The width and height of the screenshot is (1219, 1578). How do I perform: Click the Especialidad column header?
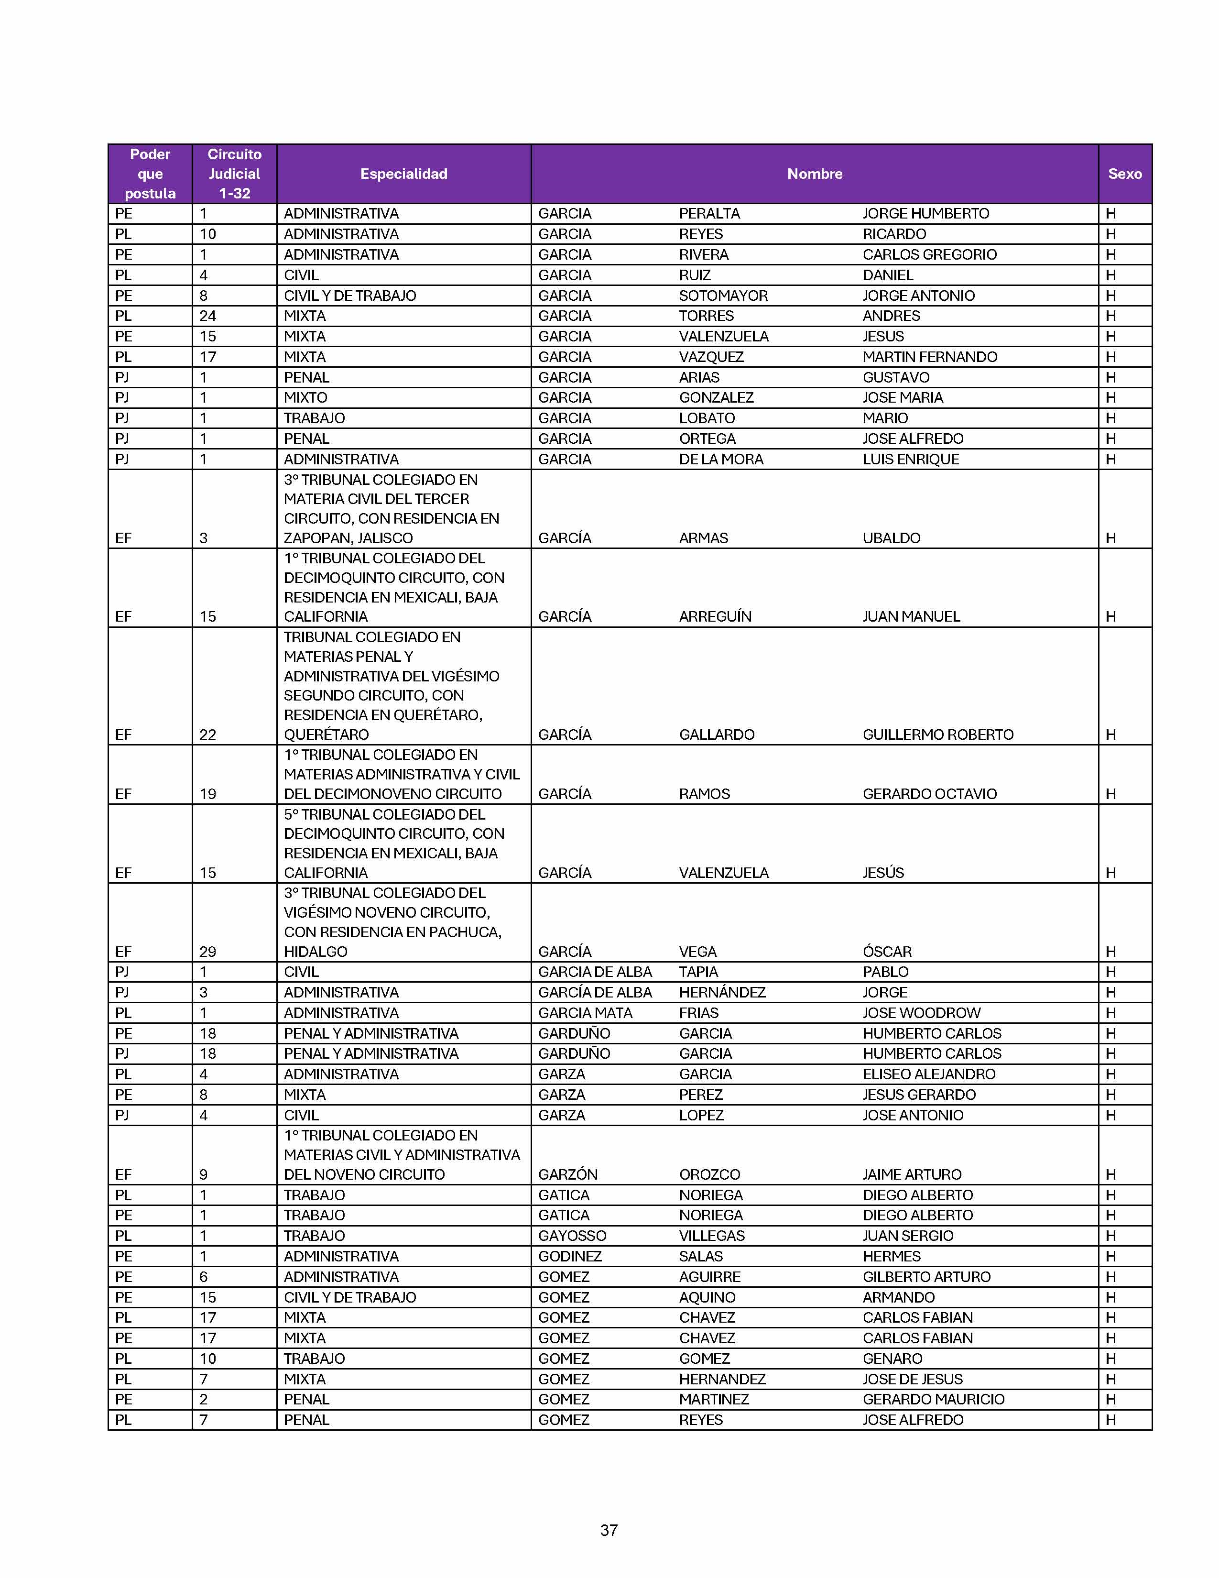click(x=403, y=174)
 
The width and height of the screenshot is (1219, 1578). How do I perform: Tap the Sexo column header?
click(x=1124, y=174)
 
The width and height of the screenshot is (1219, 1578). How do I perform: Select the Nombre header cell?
click(x=814, y=174)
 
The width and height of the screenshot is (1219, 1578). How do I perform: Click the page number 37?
click(x=609, y=1530)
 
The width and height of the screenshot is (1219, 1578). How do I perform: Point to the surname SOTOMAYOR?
click(x=723, y=296)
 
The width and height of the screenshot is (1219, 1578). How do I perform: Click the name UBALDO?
click(x=891, y=537)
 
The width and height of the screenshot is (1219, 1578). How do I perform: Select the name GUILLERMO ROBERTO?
click(x=937, y=734)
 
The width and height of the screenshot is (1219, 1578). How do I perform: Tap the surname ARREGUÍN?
click(x=715, y=616)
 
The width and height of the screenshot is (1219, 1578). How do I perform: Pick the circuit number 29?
click(x=207, y=952)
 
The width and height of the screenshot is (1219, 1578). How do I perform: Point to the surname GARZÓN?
click(x=567, y=1174)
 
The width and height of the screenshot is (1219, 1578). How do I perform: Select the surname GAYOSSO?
click(x=572, y=1236)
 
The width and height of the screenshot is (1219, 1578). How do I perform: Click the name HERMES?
click(x=891, y=1256)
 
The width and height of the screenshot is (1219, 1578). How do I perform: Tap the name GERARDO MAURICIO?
click(x=933, y=1399)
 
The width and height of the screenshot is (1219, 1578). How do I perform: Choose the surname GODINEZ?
click(x=570, y=1256)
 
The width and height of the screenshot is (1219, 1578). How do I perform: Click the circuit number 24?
click(x=207, y=316)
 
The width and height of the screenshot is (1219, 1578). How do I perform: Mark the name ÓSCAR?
click(x=887, y=952)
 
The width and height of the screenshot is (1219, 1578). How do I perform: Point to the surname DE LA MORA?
click(x=721, y=459)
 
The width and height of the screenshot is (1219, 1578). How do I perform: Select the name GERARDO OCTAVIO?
click(x=929, y=793)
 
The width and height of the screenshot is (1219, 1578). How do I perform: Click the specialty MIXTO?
click(x=305, y=397)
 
